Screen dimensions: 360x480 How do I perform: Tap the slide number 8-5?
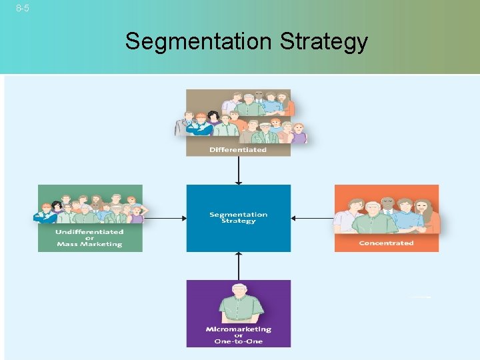pyautogui.click(x=22, y=9)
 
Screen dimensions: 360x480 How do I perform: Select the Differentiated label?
pyautogui.click(x=238, y=149)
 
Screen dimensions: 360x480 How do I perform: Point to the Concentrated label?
pyautogui.click(x=386, y=243)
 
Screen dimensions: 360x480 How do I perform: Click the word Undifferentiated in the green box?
pyautogui.click(x=89, y=231)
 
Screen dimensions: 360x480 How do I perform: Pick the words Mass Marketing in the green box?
pyautogui.click(x=89, y=244)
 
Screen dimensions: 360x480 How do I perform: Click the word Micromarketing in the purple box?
pyautogui.click(x=238, y=329)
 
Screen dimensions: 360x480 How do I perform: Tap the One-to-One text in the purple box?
pyautogui.click(x=238, y=341)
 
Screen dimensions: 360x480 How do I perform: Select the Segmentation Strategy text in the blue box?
pyautogui.click(x=238, y=218)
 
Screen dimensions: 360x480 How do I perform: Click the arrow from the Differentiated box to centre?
pyautogui.click(x=238, y=170)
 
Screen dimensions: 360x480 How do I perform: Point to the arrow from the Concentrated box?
pyautogui.click(x=313, y=218)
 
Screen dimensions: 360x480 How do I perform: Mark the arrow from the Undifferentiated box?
pyautogui.click(x=164, y=218)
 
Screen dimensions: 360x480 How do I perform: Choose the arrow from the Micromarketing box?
pyautogui.click(x=238, y=265)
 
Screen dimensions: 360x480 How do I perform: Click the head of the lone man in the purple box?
pyautogui.click(x=238, y=292)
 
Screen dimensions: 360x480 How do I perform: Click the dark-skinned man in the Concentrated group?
pyautogui.click(x=387, y=203)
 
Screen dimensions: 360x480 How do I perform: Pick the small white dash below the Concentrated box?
pyautogui.click(x=419, y=297)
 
